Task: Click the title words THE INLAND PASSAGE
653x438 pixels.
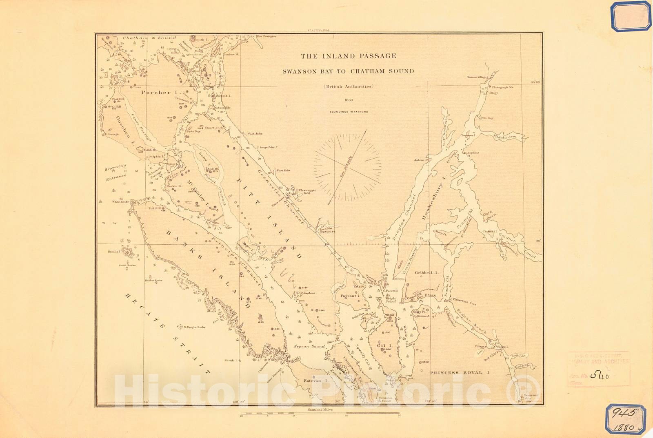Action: tap(348, 56)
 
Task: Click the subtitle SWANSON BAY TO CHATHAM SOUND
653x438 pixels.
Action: tap(348, 71)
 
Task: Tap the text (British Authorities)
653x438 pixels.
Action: tap(348, 86)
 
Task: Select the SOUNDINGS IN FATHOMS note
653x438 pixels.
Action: tap(349, 111)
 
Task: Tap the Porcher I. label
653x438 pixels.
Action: tap(156, 93)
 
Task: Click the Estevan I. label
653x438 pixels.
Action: tap(316, 380)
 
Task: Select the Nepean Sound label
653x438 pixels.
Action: tap(309, 346)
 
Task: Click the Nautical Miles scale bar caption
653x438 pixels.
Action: tap(320, 409)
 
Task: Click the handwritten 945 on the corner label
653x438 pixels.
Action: tap(623, 413)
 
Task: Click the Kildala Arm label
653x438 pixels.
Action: tap(504, 137)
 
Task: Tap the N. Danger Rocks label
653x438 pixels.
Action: tap(194, 327)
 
